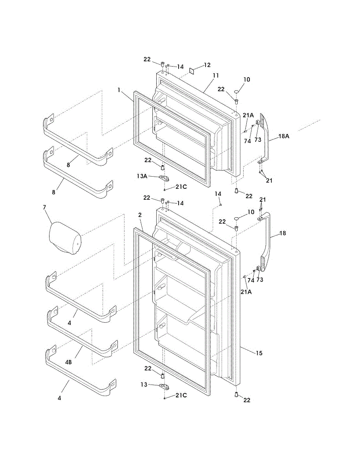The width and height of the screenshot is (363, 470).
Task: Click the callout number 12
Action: tap(207, 65)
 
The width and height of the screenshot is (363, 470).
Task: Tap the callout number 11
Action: tap(216, 75)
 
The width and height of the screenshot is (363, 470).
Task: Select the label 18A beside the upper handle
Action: tap(284, 136)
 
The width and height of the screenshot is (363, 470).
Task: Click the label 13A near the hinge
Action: tap(142, 177)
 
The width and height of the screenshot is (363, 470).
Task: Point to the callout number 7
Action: tap(44, 206)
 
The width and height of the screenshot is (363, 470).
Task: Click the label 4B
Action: tap(69, 362)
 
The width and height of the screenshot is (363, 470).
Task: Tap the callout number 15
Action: tap(259, 353)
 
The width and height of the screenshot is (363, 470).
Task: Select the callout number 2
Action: tap(140, 215)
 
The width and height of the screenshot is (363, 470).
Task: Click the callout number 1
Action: tap(119, 90)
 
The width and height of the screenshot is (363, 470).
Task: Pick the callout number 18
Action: tap(283, 233)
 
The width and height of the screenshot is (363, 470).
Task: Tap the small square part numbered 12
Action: tap(193, 70)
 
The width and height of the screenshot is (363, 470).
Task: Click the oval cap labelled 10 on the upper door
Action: tap(237, 92)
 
